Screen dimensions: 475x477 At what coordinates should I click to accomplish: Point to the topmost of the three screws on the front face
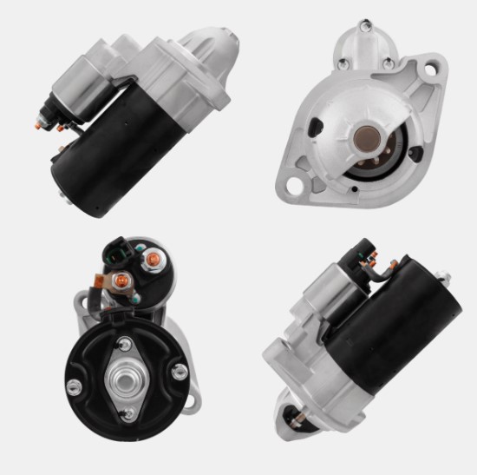363,27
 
